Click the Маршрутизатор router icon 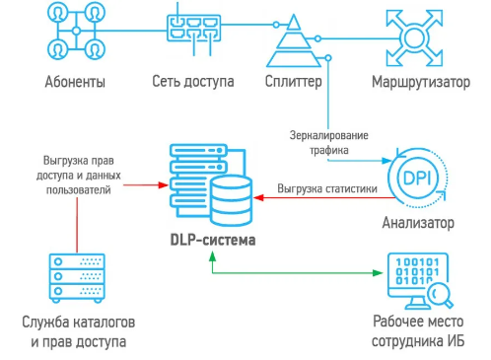click(415, 35)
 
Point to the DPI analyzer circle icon click(415, 179)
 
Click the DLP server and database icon click(210, 182)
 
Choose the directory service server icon click(77, 277)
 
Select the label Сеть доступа click(193, 81)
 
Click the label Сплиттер click(293, 81)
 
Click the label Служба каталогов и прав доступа click(77, 332)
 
